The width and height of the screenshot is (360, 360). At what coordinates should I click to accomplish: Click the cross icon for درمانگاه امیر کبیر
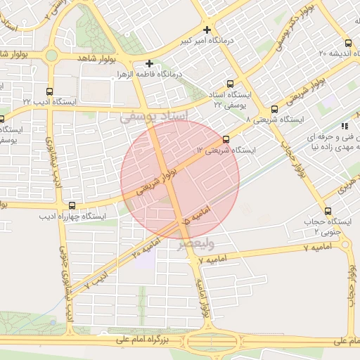[207, 30]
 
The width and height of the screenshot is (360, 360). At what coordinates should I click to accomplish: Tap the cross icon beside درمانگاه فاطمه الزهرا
[149, 63]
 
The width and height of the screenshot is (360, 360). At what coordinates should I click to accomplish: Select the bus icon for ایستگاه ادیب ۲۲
[49, 91]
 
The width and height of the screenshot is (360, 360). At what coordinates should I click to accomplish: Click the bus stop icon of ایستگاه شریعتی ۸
[274, 109]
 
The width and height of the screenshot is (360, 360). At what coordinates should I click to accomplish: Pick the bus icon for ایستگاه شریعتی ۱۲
[226, 139]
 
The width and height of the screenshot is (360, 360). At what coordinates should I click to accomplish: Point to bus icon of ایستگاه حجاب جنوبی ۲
[328, 211]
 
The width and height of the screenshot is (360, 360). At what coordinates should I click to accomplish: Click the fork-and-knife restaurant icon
[344, 126]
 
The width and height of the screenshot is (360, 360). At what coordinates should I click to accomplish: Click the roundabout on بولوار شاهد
[51, 56]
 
